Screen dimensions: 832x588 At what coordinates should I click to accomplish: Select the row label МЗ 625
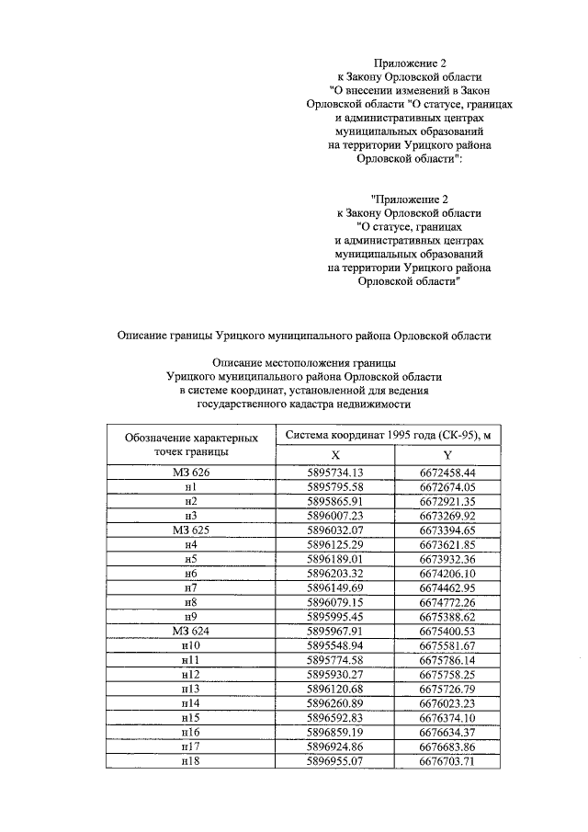pyautogui.click(x=191, y=530)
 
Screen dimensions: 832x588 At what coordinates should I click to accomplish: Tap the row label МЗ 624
pyautogui.click(x=191, y=632)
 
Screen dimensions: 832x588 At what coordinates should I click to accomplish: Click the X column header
pyautogui.click(x=335, y=455)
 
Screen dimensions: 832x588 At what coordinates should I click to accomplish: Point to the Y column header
pyautogui.click(x=447, y=455)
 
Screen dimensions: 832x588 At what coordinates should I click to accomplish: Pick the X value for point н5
pyautogui.click(x=335, y=559)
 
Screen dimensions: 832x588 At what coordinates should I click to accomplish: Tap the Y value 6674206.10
pyautogui.click(x=447, y=574)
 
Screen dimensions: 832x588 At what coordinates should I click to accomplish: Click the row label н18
pyautogui.click(x=191, y=761)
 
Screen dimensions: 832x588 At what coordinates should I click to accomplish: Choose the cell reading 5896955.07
pyautogui.click(x=335, y=761)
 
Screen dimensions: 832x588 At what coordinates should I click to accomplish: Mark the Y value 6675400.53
pyautogui.click(x=447, y=632)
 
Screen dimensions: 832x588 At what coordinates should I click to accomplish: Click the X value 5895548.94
pyautogui.click(x=335, y=645)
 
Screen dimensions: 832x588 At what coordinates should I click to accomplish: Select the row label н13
pyautogui.click(x=191, y=689)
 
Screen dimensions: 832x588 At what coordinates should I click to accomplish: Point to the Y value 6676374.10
pyautogui.click(x=447, y=718)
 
